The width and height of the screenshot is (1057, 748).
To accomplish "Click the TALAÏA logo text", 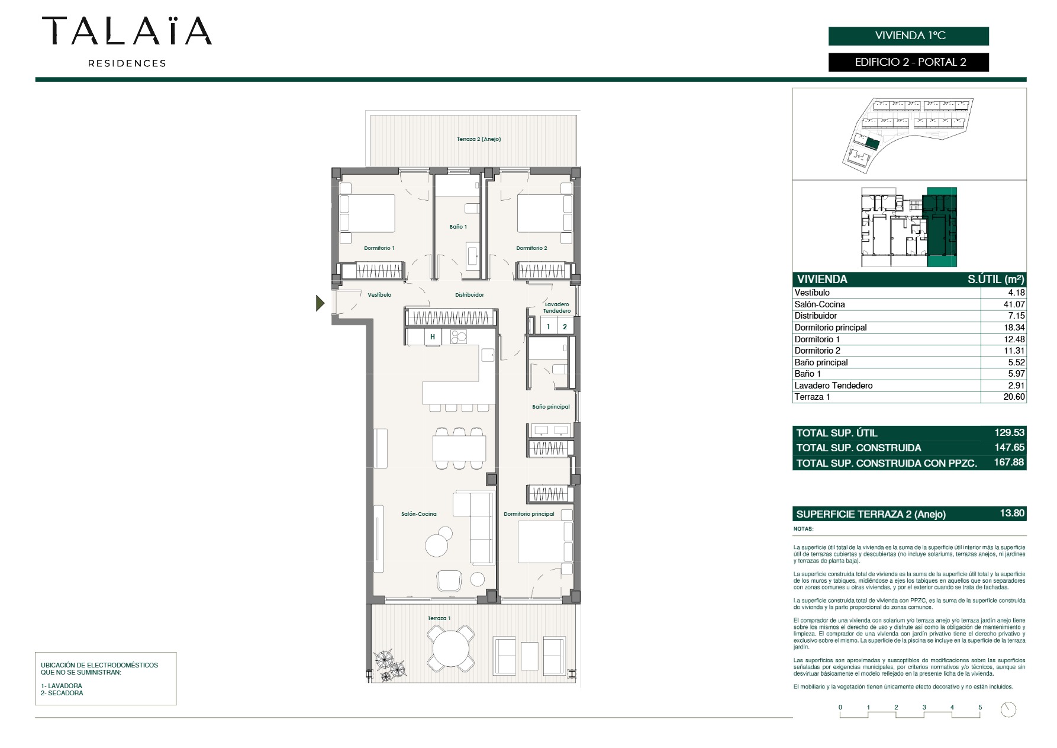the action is pos(127,31).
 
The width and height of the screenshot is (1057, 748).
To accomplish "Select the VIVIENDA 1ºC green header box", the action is pos(908,36).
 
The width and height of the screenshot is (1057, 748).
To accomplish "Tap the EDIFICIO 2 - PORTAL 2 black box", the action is pos(908,62).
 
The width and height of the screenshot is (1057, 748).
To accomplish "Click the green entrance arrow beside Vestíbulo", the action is pos(320,304).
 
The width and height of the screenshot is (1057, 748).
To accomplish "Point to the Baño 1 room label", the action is pos(458,227).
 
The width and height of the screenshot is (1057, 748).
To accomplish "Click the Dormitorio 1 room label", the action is pos(379,248).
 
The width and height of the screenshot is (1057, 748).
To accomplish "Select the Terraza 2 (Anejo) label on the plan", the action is pos(479,139).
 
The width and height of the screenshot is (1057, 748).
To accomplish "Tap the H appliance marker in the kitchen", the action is pos(433,337).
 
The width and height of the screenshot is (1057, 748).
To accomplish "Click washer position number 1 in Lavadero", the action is pos(549,327).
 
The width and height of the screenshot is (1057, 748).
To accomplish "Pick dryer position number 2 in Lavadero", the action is pos(565,327).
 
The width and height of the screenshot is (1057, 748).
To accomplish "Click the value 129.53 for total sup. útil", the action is pos(1009,433).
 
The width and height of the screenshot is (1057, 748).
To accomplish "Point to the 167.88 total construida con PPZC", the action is pos(1009,463).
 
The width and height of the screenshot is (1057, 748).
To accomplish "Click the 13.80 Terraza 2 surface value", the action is pos(1012,513).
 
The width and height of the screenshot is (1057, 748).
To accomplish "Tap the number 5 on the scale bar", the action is pos(980,707).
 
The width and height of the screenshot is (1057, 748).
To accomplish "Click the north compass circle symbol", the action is pos(1008,710).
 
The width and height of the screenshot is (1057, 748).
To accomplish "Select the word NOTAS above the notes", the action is pos(804,529).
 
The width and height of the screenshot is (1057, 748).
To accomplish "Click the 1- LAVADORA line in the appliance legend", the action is pos(62,686).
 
